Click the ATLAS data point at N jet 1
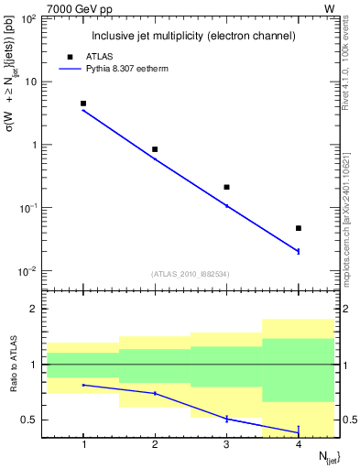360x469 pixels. (83, 104)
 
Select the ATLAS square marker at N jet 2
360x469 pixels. (155, 149)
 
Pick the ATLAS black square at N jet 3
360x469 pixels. (226, 187)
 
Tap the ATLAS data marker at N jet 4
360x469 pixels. (299, 228)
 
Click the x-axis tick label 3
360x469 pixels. (226, 446)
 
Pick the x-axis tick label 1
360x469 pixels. (83, 446)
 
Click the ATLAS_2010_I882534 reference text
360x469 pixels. (191, 273)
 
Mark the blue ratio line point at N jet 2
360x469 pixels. (155, 393)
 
